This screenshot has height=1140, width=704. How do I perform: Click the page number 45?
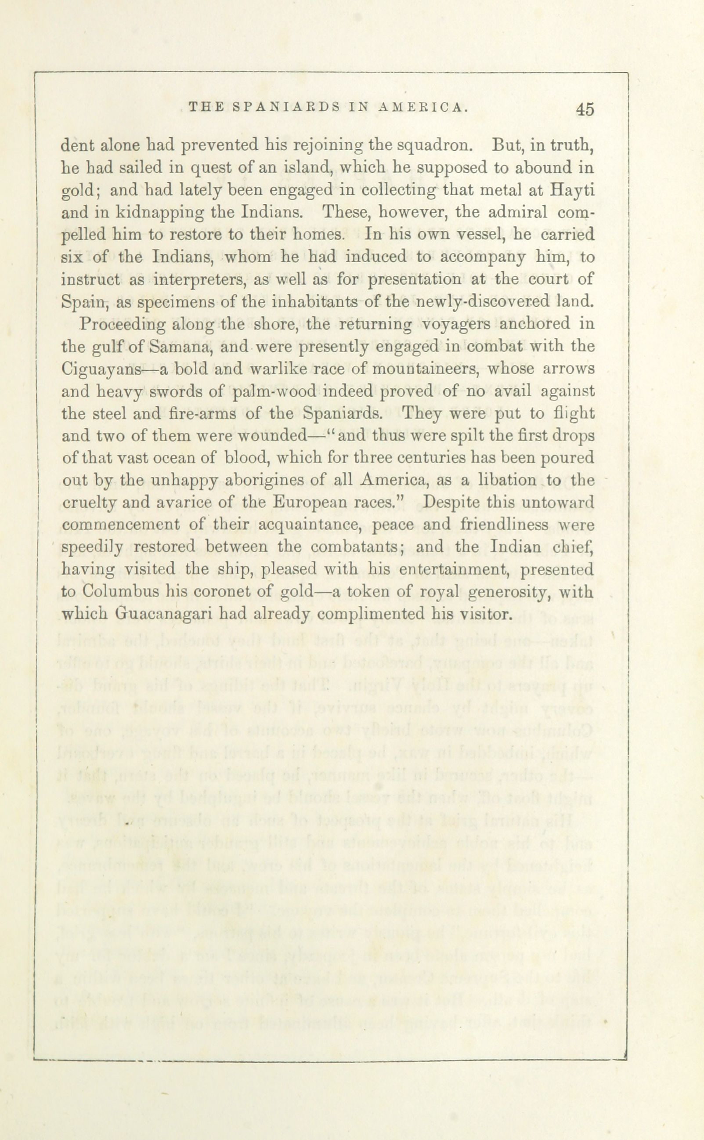585,109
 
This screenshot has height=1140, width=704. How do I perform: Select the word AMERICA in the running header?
422,108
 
